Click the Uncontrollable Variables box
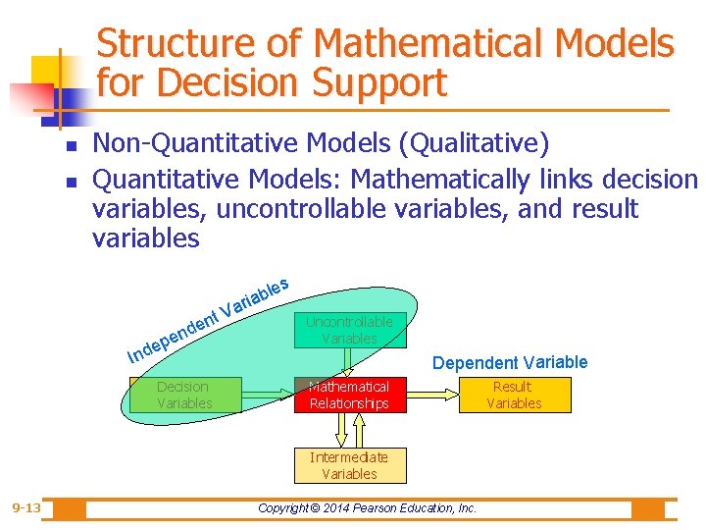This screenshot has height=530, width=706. [349, 330]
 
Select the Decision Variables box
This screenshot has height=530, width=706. [184, 395]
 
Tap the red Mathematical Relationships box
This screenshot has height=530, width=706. [349, 395]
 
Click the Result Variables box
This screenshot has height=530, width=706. [514, 395]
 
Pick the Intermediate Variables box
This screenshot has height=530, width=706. [349, 465]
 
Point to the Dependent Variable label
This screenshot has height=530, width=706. [510, 363]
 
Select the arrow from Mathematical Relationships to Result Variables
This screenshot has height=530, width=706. [431, 395]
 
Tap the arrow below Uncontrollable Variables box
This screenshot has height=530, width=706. [349, 362]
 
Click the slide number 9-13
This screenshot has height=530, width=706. [26, 508]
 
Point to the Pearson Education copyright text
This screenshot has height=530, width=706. [367, 508]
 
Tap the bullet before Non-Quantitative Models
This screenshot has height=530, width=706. [70, 146]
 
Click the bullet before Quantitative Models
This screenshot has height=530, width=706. [70, 181]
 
